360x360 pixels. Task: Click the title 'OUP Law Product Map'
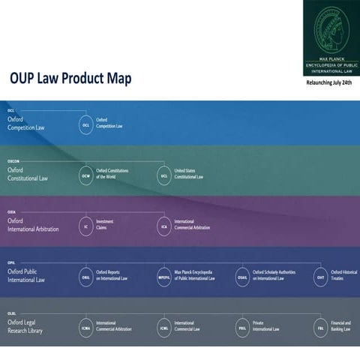(70, 78)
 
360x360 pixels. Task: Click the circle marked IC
(86, 224)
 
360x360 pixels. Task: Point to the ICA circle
(164, 224)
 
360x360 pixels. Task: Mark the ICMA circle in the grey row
(86, 327)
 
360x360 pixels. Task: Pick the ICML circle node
(164, 327)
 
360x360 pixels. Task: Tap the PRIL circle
(243, 327)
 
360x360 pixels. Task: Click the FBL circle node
(321, 327)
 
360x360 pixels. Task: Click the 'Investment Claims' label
(106, 224)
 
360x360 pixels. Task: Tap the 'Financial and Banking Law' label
(344, 327)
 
